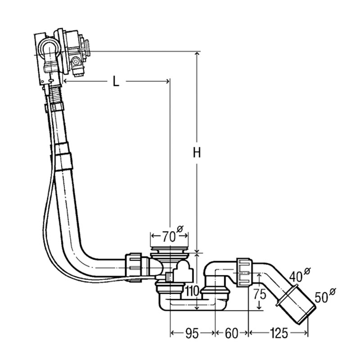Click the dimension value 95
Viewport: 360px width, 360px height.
point(192,333)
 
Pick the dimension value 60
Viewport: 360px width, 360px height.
point(231,333)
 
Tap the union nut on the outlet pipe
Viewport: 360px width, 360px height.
point(243,272)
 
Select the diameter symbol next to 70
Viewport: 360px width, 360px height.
point(180,229)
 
